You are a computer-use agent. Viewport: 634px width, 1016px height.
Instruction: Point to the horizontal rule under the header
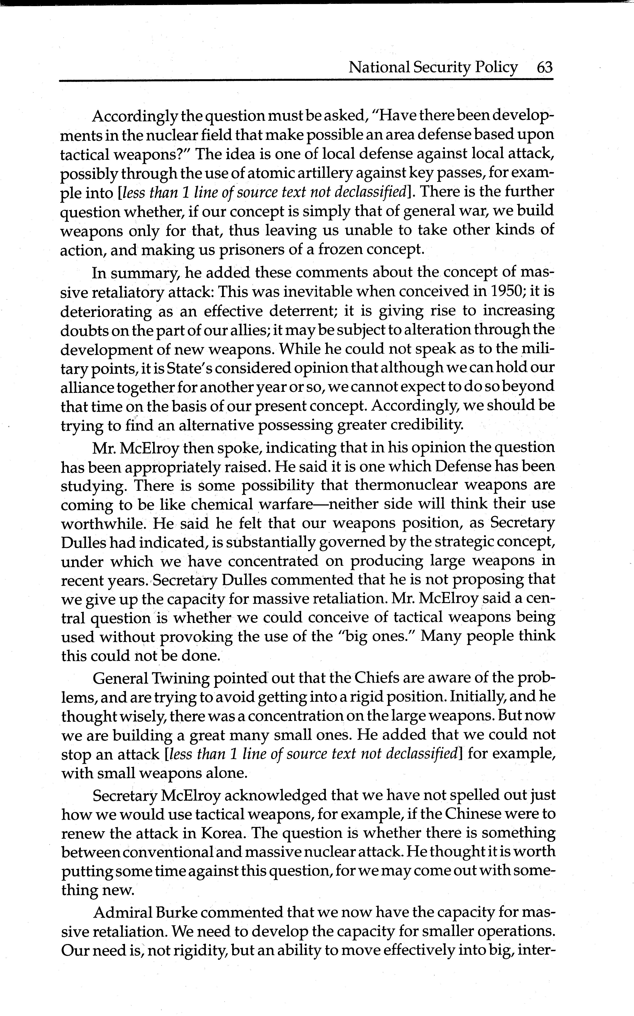(306, 80)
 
